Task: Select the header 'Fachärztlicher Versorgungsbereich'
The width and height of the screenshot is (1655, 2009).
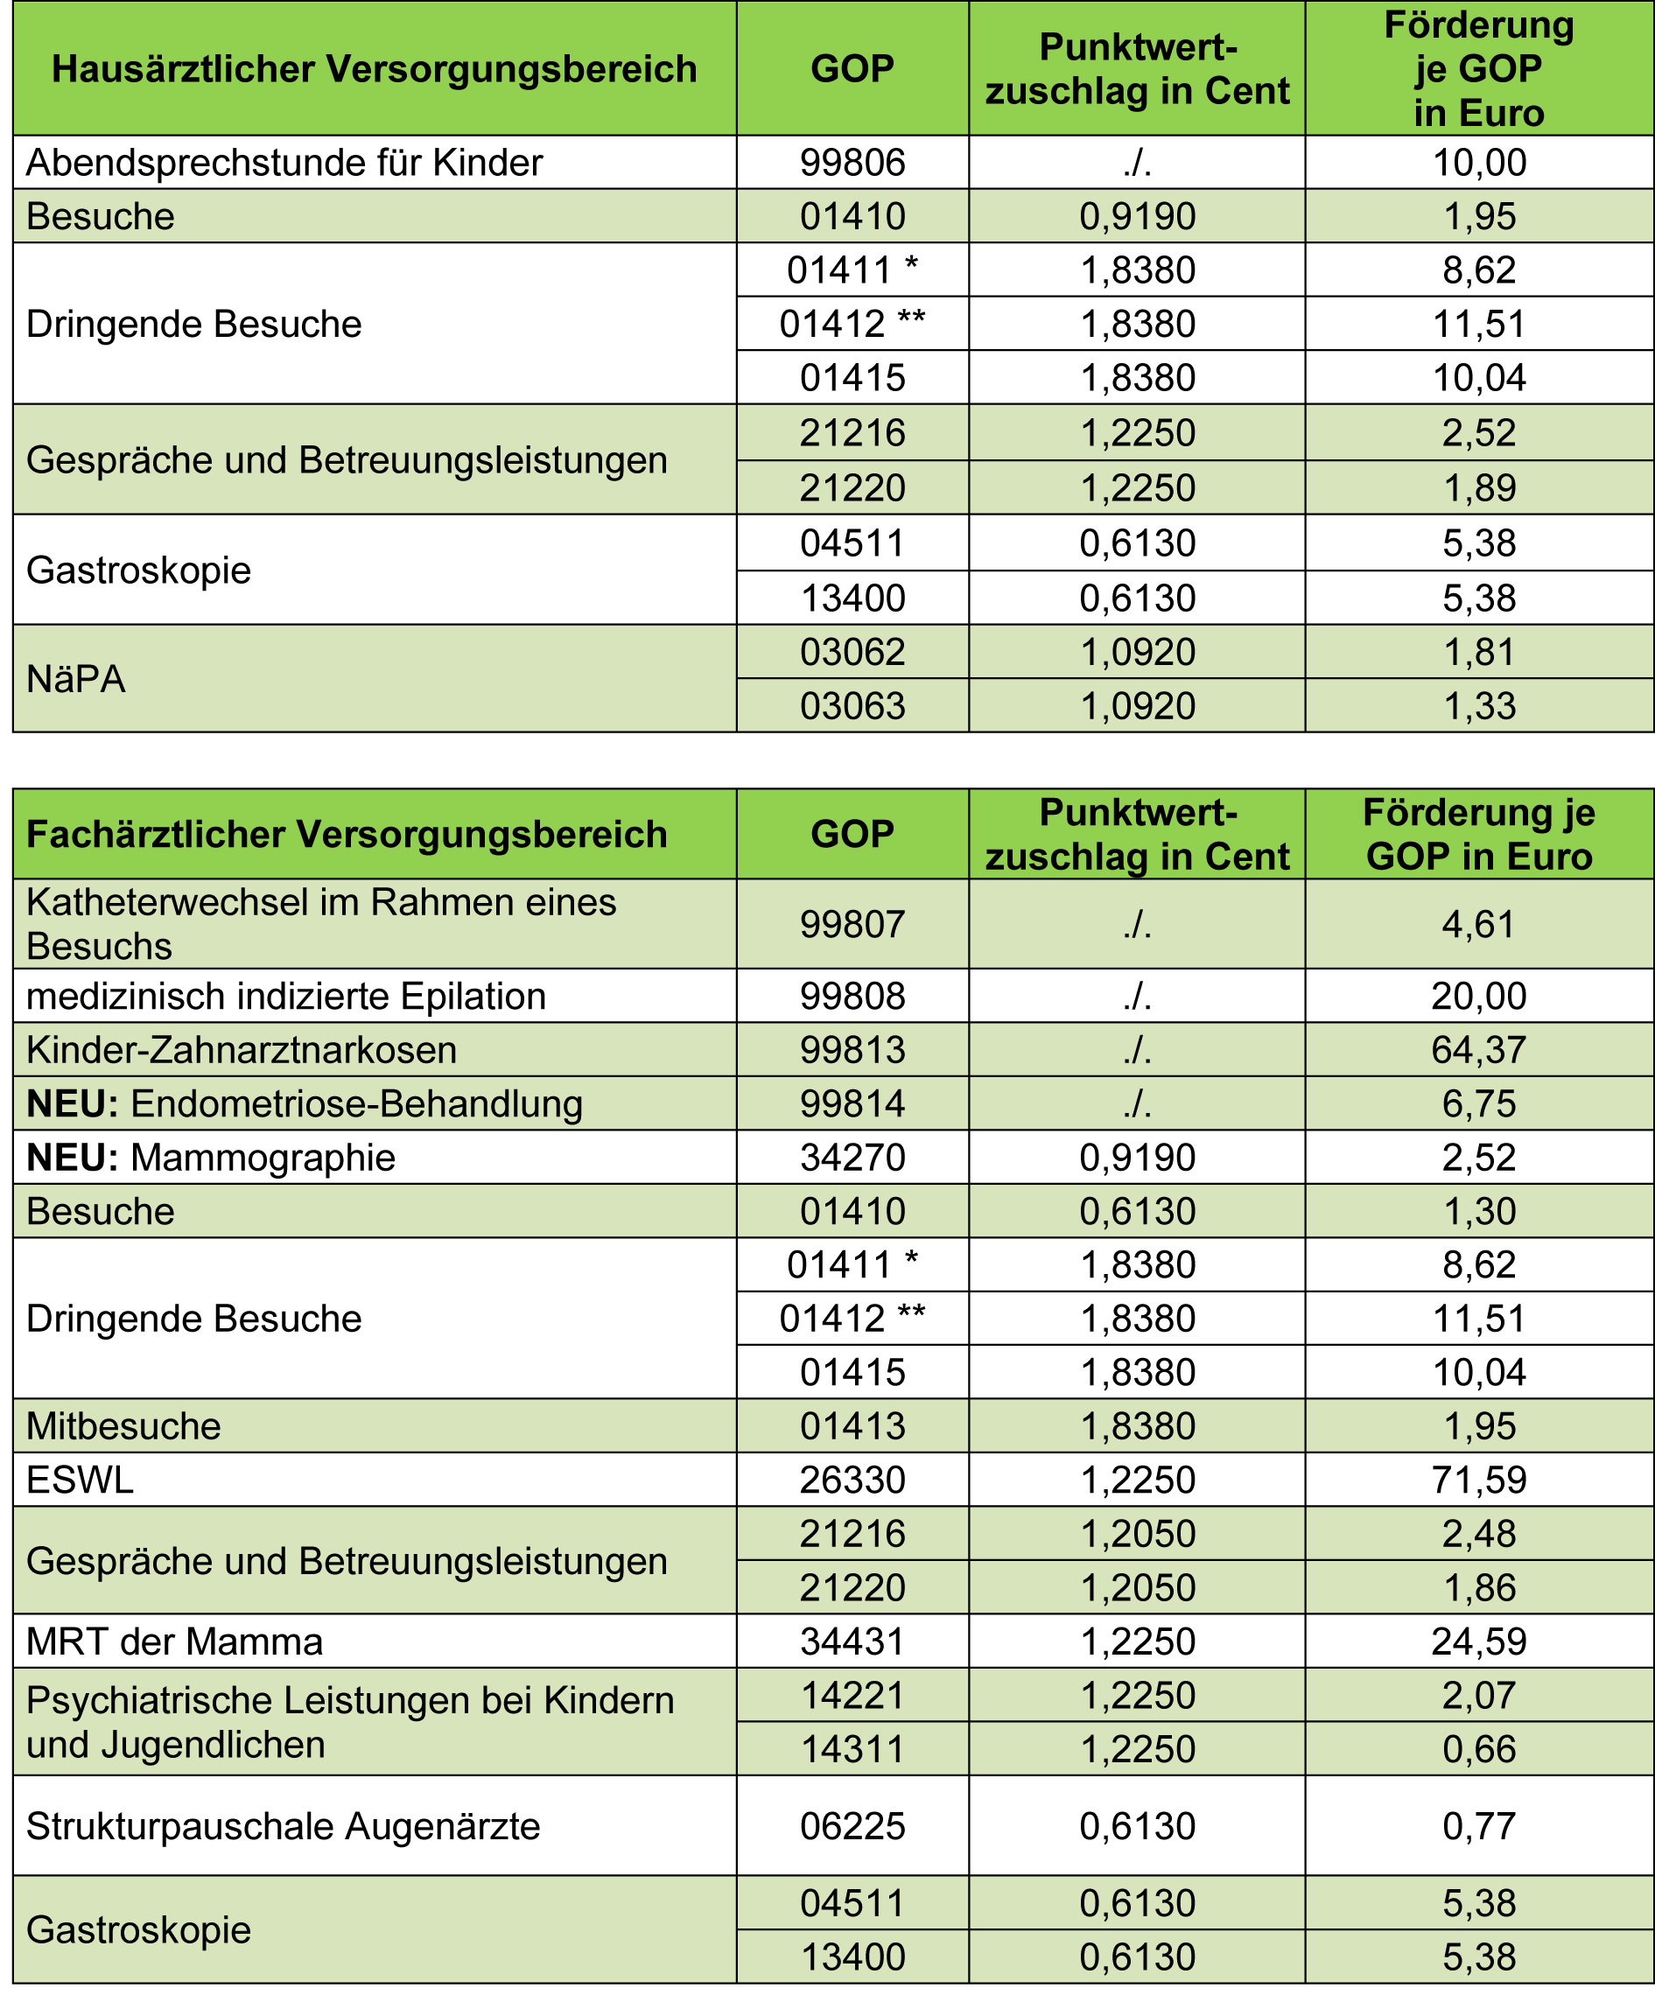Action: (346, 834)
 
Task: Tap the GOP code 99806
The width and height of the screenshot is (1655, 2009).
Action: (852, 163)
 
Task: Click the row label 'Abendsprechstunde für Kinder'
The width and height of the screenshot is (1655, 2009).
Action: (284, 163)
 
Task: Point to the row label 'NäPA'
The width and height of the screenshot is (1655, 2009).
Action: (76, 678)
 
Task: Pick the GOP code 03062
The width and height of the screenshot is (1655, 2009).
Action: (852, 652)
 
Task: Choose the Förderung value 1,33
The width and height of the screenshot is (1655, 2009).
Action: (1478, 706)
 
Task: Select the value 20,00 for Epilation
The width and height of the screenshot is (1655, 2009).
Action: (1478, 996)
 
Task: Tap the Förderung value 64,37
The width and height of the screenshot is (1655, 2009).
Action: (1478, 1050)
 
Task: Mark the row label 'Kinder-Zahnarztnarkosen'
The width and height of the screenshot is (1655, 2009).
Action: (242, 1050)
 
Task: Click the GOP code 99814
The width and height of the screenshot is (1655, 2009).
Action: (852, 1103)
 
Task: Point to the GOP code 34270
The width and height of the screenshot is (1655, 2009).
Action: (852, 1158)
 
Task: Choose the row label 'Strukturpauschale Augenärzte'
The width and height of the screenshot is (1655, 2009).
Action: (284, 1826)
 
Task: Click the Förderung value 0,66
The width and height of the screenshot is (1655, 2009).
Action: (1478, 1749)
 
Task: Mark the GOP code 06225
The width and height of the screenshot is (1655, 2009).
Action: (852, 1826)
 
